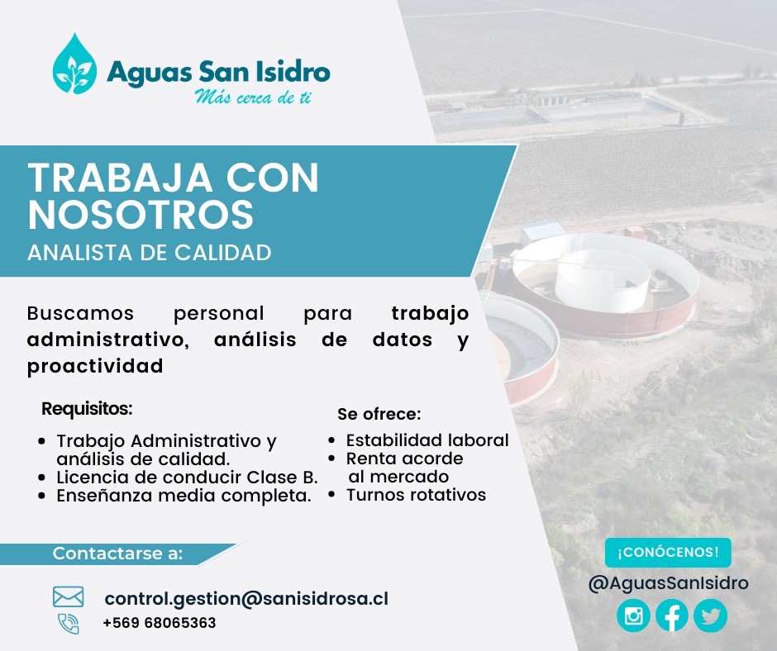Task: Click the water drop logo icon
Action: coord(75,64)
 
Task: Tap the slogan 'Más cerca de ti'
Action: coord(253,97)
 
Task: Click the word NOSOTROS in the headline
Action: coord(141,215)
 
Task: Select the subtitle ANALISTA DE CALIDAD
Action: coord(149,253)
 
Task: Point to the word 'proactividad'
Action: coord(95,367)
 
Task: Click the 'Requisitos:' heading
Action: coord(88,409)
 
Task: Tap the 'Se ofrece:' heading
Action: coord(379,414)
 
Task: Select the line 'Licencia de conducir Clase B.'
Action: coord(187,478)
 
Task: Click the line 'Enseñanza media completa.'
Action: coord(184,496)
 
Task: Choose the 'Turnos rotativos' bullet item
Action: coord(416,494)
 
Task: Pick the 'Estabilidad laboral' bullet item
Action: coord(427,440)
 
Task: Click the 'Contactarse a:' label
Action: coord(118,553)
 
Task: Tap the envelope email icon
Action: coord(68,596)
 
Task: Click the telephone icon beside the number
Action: coord(69,624)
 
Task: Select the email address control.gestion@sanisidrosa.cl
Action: coord(246,598)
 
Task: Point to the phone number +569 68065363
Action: coord(160,623)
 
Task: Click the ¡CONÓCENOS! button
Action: coord(668,553)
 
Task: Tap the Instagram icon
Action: coord(633,615)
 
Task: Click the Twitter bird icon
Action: coord(711,615)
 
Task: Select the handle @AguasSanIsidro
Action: coord(668,583)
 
